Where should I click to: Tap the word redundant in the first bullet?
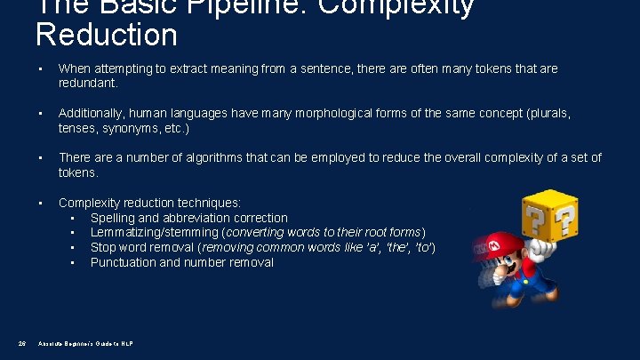pyautogui.click(x=87, y=83)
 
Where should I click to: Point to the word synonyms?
pyautogui.click(x=137, y=128)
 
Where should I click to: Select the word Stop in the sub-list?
pyautogui.click(x=103, y=247)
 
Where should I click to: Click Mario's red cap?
pyautogui.click(x=494, y=244)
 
